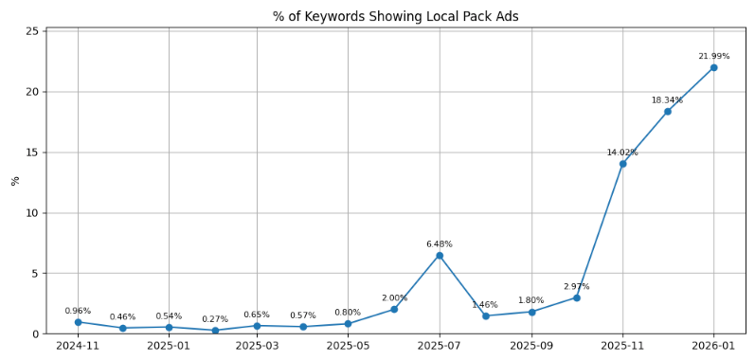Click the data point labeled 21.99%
coord(713,67)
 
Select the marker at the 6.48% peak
coord(440,255)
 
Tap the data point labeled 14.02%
coord(622,164)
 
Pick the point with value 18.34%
coord(667,112)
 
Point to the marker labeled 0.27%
coord(215,331)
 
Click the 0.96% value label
coord(78,311)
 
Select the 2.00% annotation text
coord(394,297)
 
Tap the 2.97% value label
coord(576,286)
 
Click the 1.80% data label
coord(530,300)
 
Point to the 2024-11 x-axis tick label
coord(78,347)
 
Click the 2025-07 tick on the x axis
coord(440,347)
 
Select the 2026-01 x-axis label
coord(713,347)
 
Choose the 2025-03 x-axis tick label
coord(257,347)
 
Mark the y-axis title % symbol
coord(14,180)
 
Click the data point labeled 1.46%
coord(485,315)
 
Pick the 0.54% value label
coord(169,316)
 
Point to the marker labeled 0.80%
coord(348,324)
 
